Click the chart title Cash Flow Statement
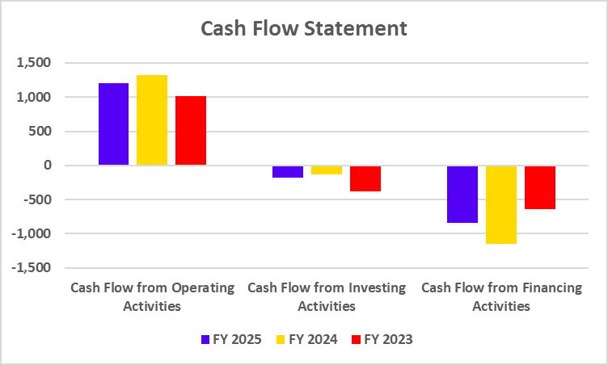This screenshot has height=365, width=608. click(304, 29)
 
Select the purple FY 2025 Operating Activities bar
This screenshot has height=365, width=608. click(113, 124)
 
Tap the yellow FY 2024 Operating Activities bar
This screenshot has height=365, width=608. click(152, 120)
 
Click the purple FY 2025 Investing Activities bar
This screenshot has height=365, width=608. click(289, 171)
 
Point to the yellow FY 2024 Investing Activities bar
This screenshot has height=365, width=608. click(327, 170)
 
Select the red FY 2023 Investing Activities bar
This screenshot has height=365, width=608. click(365, 178)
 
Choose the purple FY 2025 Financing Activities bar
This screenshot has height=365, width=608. click(462, 194)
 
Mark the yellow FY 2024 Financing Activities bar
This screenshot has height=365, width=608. click(501, 204)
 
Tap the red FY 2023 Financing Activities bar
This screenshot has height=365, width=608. click(540, 187)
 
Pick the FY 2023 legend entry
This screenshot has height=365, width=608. click(382, 339)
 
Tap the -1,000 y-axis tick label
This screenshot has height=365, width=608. click(32, 233)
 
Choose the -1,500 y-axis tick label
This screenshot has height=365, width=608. click(32, 267)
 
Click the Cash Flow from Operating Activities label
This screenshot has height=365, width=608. click(152, 296)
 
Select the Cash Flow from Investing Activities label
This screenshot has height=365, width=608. click(327, 296)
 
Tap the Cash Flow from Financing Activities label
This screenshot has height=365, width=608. click(501, 296)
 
